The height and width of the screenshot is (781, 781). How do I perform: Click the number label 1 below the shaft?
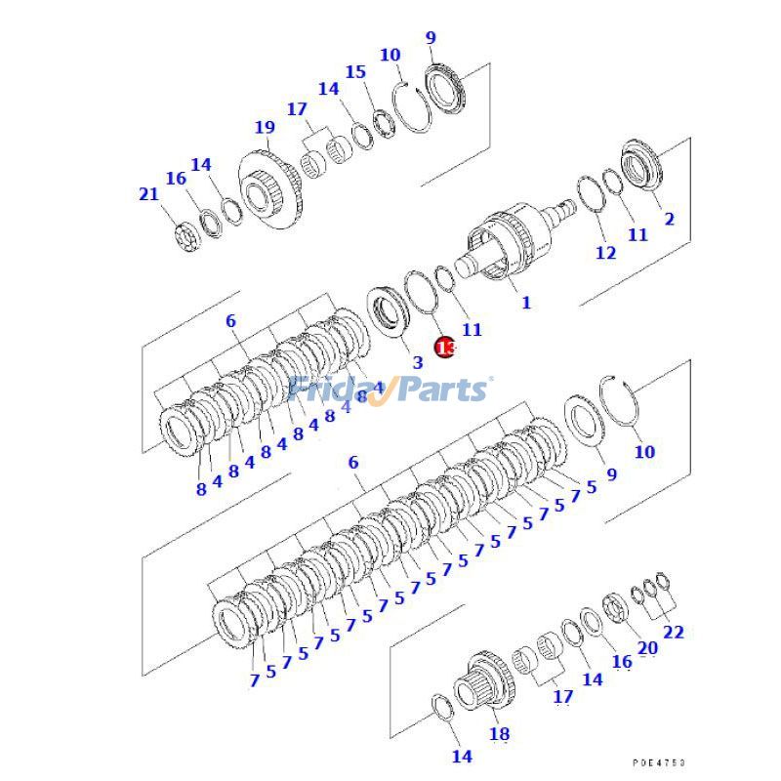click(x=525, y=303)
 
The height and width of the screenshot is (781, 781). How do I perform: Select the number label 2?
click(x=669, y=219)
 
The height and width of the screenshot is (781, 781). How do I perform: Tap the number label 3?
click(x=417, y=361)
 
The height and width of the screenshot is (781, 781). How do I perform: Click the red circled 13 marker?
click(x=445, y=347)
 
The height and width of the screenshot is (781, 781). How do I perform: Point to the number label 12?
click(x=605, y=253)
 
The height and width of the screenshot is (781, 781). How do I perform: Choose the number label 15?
click(x=355, y=71)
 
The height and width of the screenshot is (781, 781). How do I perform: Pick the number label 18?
click(x=498, y=734)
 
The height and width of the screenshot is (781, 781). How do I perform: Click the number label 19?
click(x=265, y=127)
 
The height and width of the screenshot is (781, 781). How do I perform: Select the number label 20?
click(x=647, y=646)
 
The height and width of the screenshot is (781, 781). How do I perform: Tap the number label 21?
click(x=147, y=194)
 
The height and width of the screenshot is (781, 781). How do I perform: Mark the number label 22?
click(x=674, y=632)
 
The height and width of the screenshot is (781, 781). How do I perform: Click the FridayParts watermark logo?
click(x=390, y=390)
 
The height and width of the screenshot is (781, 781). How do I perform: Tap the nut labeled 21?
click(x=183, y=235)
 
